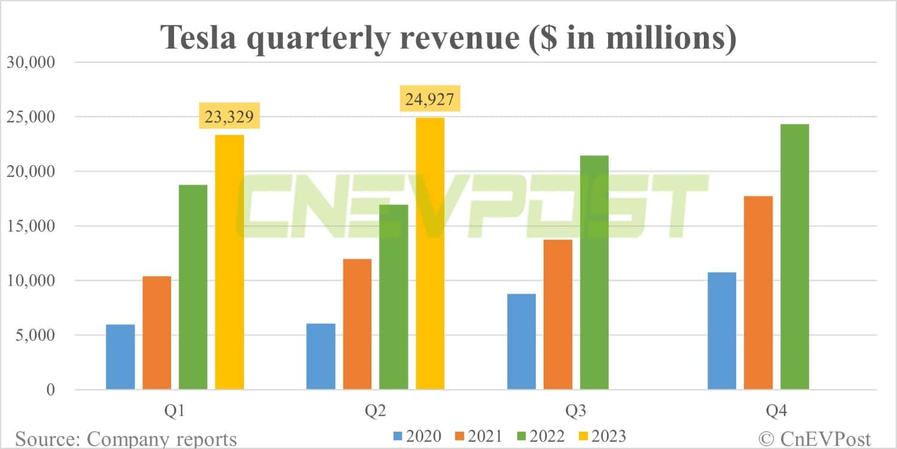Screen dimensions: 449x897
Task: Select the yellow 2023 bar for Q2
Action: [429, 253]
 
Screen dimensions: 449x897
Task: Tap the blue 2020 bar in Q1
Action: [120, 357]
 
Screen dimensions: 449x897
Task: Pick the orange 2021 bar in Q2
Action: [357, 324]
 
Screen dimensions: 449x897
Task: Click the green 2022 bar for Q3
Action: [594, 273]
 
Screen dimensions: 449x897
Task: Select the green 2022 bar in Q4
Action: [794, 256]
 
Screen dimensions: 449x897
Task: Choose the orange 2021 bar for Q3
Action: [557, 314]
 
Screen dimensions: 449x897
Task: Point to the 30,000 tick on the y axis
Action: [30, 62]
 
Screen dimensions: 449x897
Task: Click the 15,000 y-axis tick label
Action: [30, 226]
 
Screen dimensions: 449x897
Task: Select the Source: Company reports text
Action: [126, 438]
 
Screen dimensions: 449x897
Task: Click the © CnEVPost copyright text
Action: [814, 438]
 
